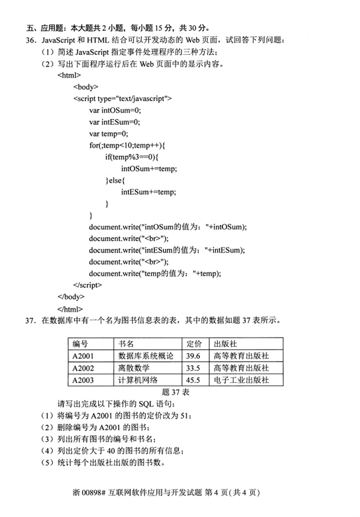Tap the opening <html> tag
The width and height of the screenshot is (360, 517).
69,75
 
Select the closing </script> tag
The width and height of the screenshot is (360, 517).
87,284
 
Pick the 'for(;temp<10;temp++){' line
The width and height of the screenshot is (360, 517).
127,146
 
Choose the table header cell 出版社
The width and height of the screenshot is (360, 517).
225,344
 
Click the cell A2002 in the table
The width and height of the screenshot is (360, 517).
83,367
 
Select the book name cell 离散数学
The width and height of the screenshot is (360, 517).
133,367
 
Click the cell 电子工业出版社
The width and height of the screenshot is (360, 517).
240,380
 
